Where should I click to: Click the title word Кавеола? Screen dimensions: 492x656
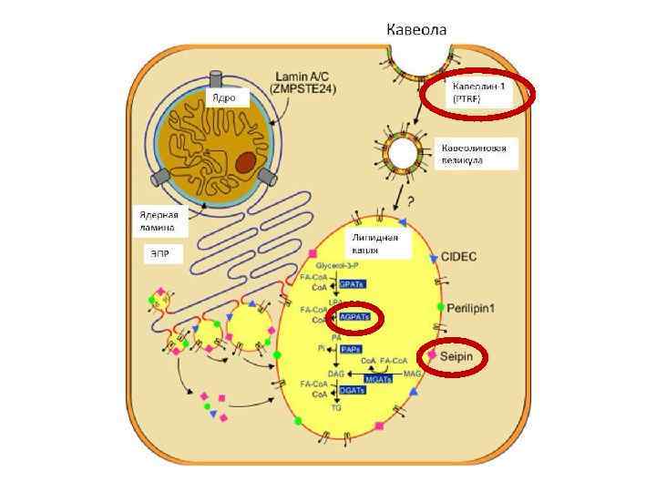[417, 29]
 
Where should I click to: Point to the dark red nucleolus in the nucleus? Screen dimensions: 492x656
[246, 162]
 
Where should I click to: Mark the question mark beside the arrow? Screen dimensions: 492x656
[411, 200]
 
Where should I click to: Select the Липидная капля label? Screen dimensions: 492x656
[376, 242]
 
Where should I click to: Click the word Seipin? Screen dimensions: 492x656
[457, 355]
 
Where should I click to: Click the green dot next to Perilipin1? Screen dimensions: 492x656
[440, 308]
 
